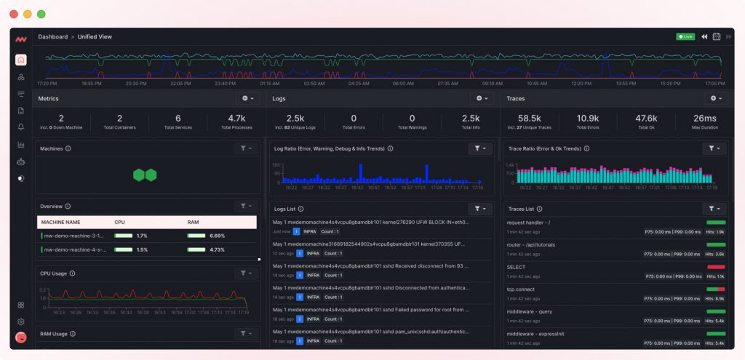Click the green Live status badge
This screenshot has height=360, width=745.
point(685,36)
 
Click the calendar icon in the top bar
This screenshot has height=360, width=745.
point(717,36)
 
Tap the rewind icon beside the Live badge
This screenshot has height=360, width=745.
point(704,36)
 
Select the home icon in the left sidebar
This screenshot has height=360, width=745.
point(21,60)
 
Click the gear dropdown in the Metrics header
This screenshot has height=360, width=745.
point(247,98)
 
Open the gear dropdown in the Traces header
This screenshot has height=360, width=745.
point(716,98)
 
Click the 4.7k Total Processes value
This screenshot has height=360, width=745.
point(236,119)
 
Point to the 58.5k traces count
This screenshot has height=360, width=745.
point(529,119)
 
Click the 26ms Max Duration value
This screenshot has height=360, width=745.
point(704,119)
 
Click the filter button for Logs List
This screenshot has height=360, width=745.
point(480,209)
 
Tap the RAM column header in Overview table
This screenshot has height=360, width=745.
point(194,222)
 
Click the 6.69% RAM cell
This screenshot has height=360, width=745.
point(217,236)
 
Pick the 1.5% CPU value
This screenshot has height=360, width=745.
point(142,249)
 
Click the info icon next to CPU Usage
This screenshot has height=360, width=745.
point(72,273)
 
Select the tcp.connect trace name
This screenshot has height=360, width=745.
point(520,289)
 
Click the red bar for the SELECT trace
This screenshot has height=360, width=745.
point(716,267)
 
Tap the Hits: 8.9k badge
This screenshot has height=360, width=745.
point(714,298)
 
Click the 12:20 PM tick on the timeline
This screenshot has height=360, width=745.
point(581,84)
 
